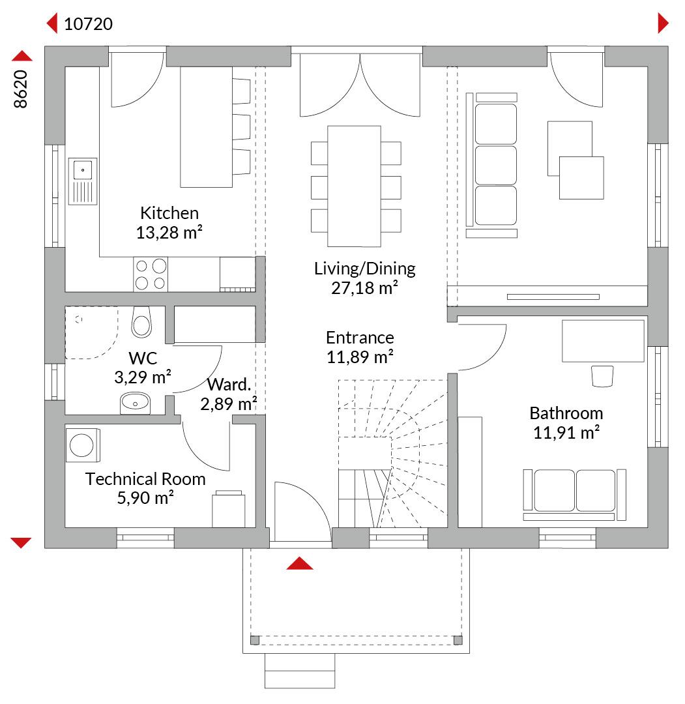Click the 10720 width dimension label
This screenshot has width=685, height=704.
click(x=89, y=24)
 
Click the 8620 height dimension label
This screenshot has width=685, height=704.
click(x=21, y=89)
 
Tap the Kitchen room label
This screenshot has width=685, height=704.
click(x=169, y=213)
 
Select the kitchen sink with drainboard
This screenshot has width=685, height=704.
click(x=83, y=181)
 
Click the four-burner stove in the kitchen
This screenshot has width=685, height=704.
click(x=151, y=274)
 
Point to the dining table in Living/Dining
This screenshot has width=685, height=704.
click(x=354, y=186)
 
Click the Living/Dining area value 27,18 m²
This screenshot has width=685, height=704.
click(x=364, y=288)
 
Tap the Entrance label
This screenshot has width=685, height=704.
click(x=360, y=337)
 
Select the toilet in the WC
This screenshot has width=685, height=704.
click(x=142, y=322)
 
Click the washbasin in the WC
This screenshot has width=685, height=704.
click(x=135, y=403)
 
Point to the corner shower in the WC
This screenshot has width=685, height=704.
click(x=92, y=332)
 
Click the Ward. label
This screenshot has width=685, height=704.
click(x=229, y=385)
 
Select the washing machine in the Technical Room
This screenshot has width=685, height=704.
click(x=83, y=445)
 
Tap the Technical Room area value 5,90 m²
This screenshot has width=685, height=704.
click(x=145, y=498)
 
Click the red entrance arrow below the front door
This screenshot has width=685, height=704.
click(x=299, y=563)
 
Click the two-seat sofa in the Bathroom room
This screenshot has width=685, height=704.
click(x=575, y=495)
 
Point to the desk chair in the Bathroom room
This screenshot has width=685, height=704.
click(x=602, y=376)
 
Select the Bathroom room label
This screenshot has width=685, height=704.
click(x=566, y=413)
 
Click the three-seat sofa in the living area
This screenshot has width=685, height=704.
click(x=492, y=165)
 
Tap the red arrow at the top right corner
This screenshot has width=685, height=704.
click(x=663, y=23)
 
